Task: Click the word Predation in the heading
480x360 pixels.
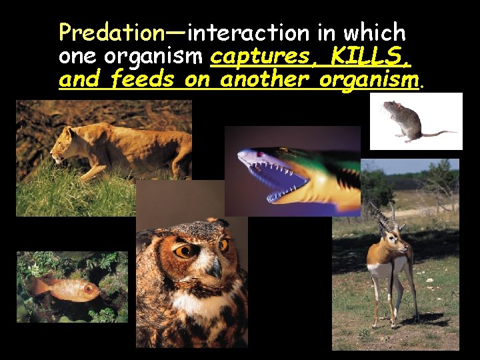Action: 112,33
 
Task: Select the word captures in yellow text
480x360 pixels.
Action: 259,57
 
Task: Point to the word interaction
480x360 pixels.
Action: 248,32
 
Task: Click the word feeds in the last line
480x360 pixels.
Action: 143,79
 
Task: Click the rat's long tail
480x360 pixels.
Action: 439,133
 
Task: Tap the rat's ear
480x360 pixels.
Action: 398,105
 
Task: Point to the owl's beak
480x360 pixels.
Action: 215,268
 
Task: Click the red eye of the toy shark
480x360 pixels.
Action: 261,154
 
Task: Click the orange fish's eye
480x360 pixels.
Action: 89,289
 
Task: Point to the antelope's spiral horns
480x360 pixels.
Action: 386,216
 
